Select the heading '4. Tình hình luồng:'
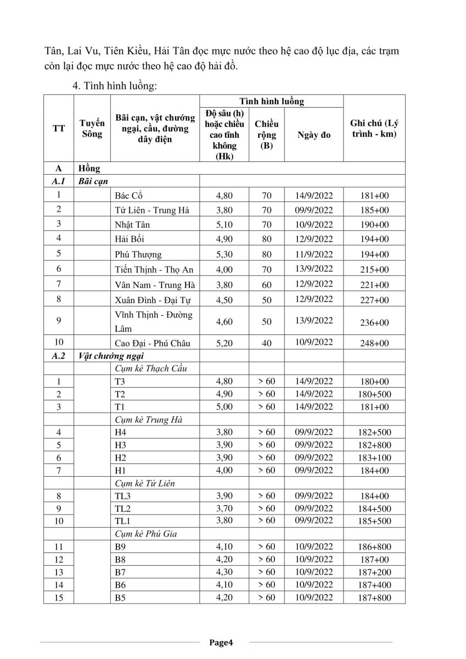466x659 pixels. [115, 86]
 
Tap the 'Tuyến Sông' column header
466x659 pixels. [92, 129]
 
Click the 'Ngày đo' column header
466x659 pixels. [314, 135]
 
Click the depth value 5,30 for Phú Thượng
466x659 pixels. [224, 254]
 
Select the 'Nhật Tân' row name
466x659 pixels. [133, 225]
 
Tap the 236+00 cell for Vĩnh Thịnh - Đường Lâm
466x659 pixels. [374, 322]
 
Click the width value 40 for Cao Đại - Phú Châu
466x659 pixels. [267, 343]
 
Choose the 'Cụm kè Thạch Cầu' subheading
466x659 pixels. [151, 368]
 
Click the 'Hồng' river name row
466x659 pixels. [89, 169]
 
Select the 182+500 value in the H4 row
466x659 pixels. [374, 432]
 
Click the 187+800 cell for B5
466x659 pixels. [374, 597]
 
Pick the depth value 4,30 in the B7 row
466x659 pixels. [224, 572]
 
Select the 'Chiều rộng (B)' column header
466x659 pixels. [267, 135]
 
